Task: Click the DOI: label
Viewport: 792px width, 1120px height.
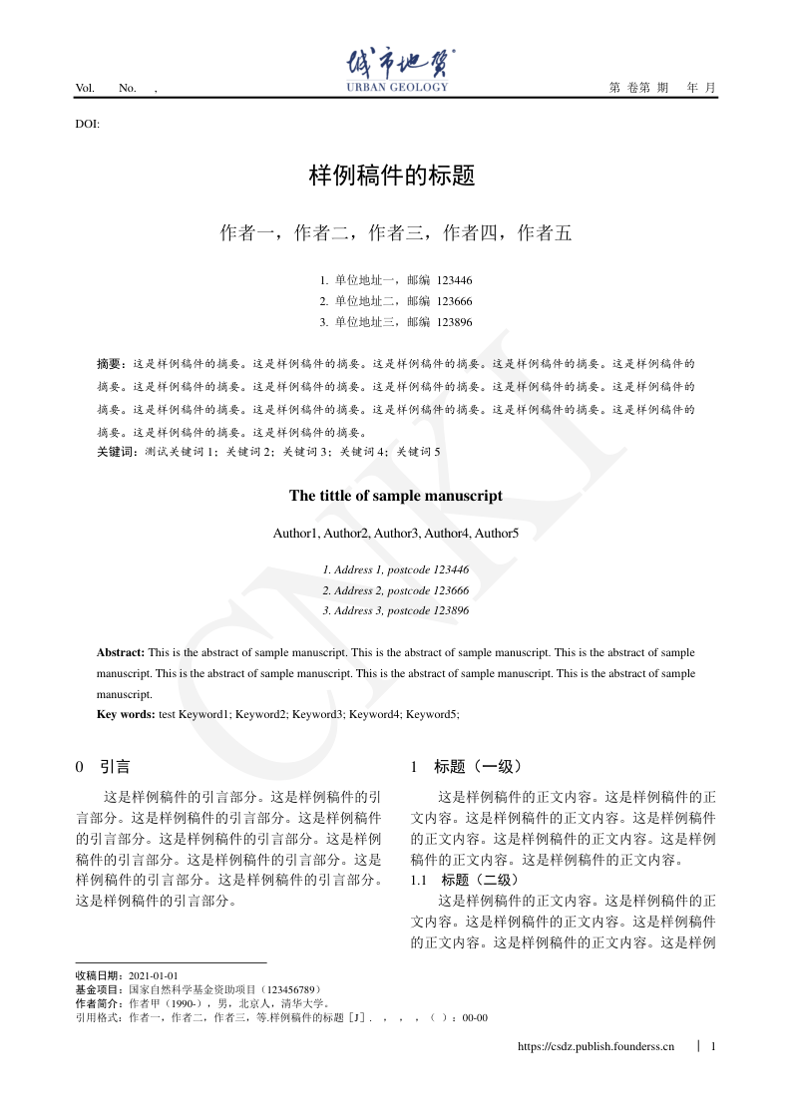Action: coord(88,124)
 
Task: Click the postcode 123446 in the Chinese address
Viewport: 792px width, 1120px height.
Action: coord(455,280)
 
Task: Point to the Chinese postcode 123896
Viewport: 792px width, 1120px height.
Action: coord(455,322)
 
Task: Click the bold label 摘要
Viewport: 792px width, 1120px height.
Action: coord(112,364)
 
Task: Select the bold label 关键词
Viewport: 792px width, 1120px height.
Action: coord(118,452)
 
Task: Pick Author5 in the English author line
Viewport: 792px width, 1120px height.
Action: coord(497,534)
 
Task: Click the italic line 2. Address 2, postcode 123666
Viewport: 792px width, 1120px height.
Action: coord(396,590)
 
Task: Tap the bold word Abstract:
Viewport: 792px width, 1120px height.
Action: coord(121,652)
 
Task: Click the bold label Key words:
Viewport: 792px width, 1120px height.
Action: coord(126,714)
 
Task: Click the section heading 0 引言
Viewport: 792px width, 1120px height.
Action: coord(103,767)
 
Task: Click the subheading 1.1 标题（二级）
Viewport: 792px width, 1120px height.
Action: coord(465,880)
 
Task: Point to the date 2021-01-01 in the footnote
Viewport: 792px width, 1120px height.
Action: coord(154,975)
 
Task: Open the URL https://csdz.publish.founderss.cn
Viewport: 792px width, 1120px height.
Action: coord(596,1046)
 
